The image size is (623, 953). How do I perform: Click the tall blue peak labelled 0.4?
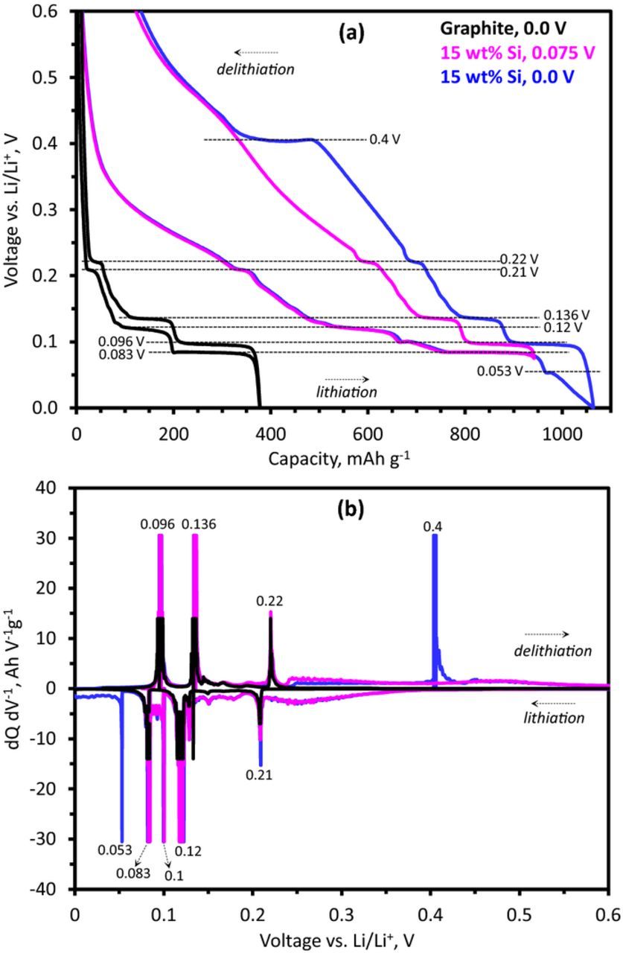click(x=434, y=596)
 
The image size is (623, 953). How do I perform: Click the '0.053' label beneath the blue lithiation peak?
click(x=115, y=850)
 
